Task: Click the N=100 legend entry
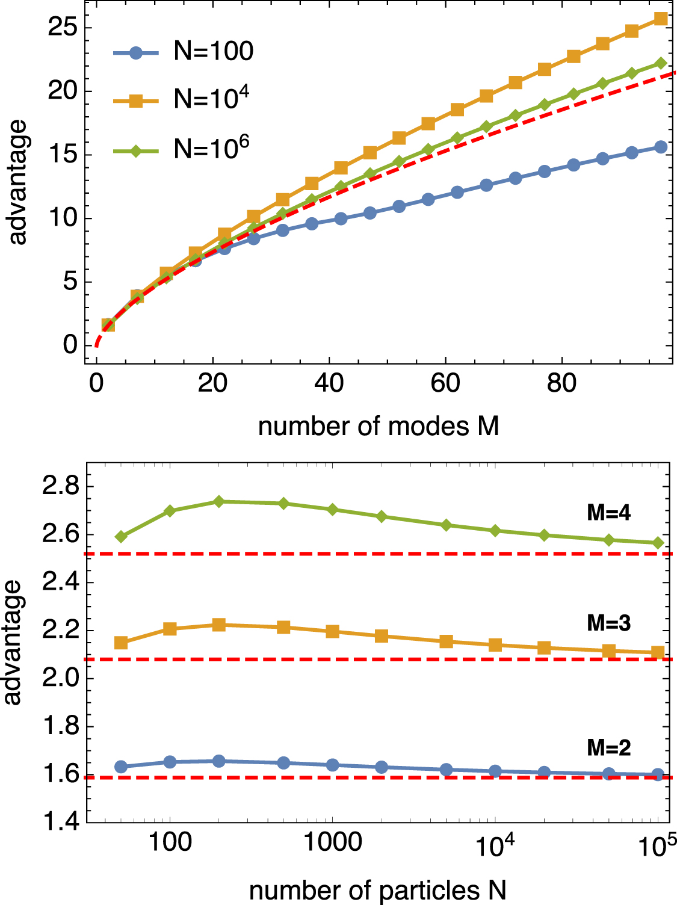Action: [184, 52]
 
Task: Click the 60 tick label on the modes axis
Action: [445, 383]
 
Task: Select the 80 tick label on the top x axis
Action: [561, 383]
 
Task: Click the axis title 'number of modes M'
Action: [379, 427]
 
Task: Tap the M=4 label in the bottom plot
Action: [608, 513]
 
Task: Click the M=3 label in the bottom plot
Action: [608, 623]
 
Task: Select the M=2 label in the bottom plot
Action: [608, 748]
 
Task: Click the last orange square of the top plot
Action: [661, 19]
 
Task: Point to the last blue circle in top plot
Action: [661, 147]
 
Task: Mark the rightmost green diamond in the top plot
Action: [661, 63]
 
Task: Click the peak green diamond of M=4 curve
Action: [219, 501]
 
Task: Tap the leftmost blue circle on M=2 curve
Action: [121, 767]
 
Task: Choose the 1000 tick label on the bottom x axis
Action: [332, 842]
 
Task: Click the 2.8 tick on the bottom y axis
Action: [60, 486]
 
